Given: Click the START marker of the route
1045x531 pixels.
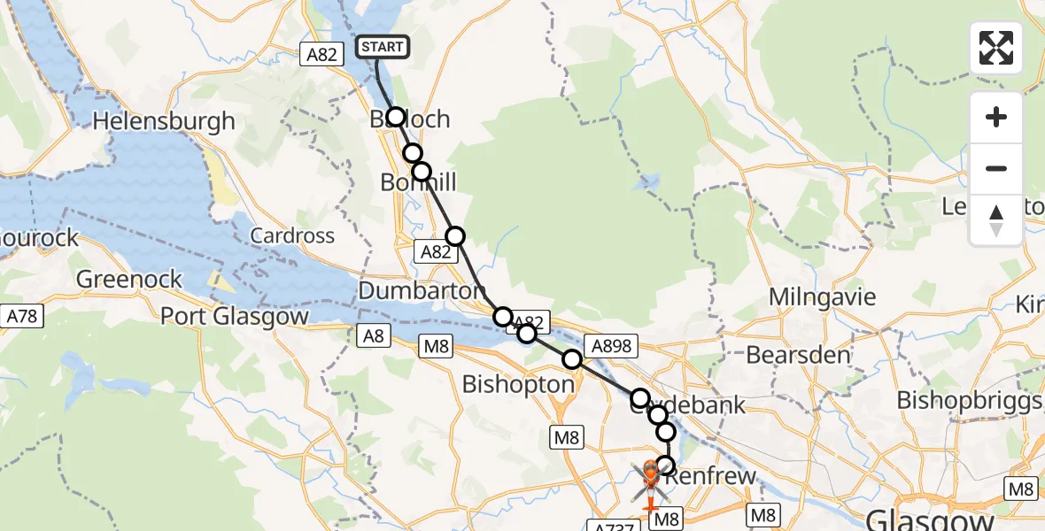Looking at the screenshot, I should (x=383, y=47).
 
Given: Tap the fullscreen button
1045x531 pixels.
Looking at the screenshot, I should (x=996, y=48).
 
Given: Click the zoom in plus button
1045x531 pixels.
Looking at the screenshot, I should (x=996, y=117).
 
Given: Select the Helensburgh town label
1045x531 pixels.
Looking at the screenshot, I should (x=164, y=120).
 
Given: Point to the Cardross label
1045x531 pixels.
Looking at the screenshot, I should (x=292, y=236).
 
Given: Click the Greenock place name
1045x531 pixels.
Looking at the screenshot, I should (x=129, y=280).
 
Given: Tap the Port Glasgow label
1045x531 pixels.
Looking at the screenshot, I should (x=235, y=316).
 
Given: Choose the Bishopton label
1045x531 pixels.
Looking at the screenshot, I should (x=518, y=385).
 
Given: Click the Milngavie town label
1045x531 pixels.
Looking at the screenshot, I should (x=823, y=297).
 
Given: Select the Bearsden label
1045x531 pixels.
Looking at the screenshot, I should (x=799, y=356).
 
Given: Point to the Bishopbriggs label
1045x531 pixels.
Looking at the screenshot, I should (x=970, y=401).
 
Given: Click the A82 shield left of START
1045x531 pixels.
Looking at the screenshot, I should (x=321, y=55).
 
